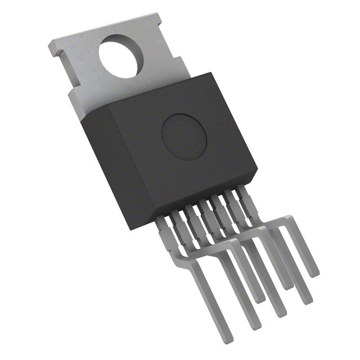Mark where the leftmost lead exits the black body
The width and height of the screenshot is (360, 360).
click(x=175, y=213)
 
